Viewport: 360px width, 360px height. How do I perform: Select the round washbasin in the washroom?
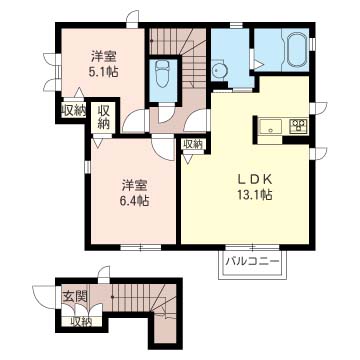tap(218, 69)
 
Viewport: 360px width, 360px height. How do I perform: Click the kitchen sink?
tap(271, 126)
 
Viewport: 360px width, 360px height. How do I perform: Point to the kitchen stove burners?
tap(298, 126)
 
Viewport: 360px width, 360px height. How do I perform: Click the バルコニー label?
tap(252, 262)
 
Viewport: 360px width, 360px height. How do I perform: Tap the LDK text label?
tap(255, 180)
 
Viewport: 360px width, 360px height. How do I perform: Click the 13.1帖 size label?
tap(255, 194)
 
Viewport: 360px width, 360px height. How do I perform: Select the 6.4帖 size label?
tap(133, 201)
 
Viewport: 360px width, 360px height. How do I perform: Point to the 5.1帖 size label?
tap(103, 72)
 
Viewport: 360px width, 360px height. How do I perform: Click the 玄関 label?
tap(75, 296)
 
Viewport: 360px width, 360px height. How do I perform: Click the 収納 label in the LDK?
tap(193, 144)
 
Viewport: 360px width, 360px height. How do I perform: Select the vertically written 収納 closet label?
tap(104, 118)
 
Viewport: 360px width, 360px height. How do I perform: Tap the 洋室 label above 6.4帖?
tap(133, 185)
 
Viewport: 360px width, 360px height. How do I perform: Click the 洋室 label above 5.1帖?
tap(103, 57)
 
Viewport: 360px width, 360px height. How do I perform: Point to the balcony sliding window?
tap(252, 247)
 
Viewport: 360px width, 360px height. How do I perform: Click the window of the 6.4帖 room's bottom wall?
tap(140, 247)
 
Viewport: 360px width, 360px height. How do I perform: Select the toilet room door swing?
tap(166, 113)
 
